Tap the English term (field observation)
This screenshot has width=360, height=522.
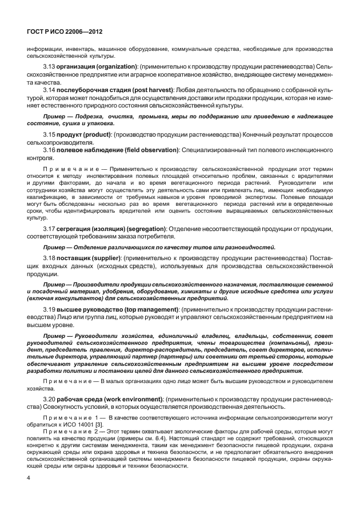[x=150, y=149]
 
